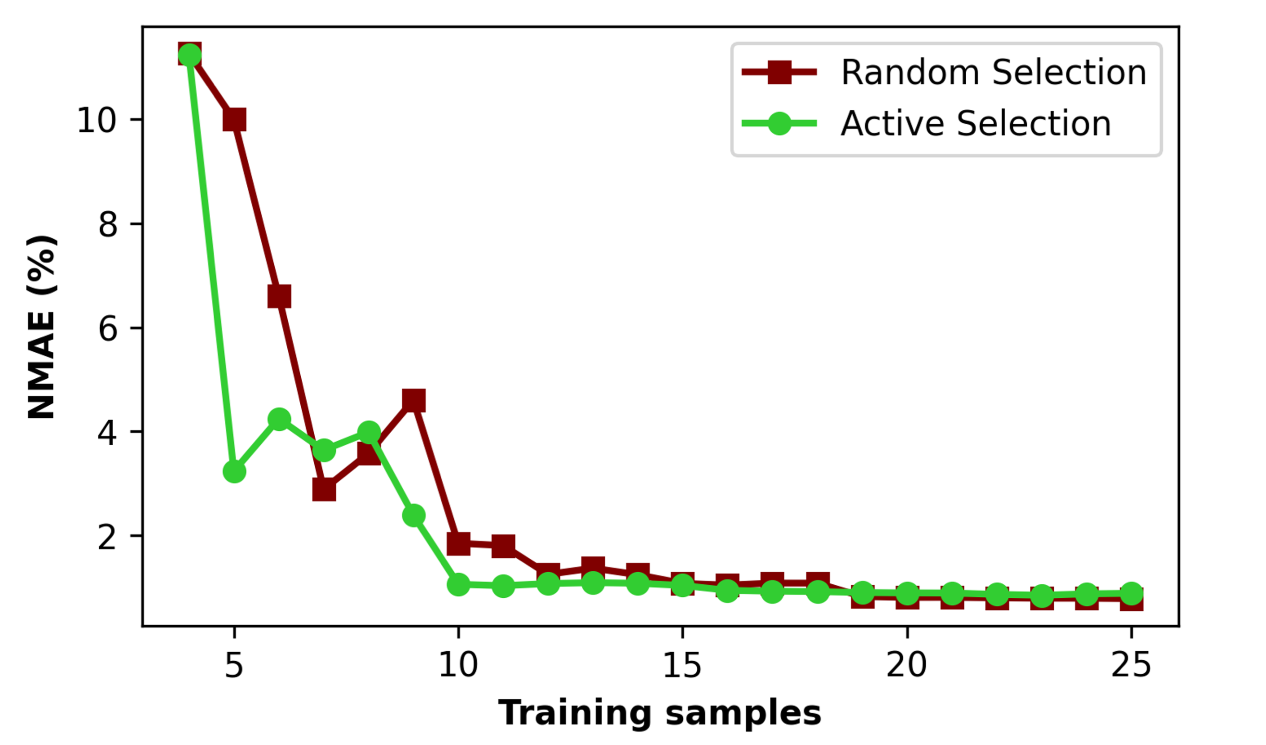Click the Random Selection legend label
point(994,72)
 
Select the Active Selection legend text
point(976,124)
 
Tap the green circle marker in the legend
point(780,124)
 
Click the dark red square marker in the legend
point(780,72)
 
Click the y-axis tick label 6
point(107,330)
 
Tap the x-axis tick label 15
point(682,665)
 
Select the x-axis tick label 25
point(1131,665)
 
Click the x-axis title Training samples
point(660,713)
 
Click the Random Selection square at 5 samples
point(235,119)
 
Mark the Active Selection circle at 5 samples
point(235,471)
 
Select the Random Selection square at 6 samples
point(279,296)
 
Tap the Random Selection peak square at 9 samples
point(414,400)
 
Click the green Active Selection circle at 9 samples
point(414,515)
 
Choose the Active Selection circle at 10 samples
point(458,584)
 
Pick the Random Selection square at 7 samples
point(324,490)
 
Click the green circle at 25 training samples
point(1131,593)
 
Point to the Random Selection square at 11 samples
point(503,546)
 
